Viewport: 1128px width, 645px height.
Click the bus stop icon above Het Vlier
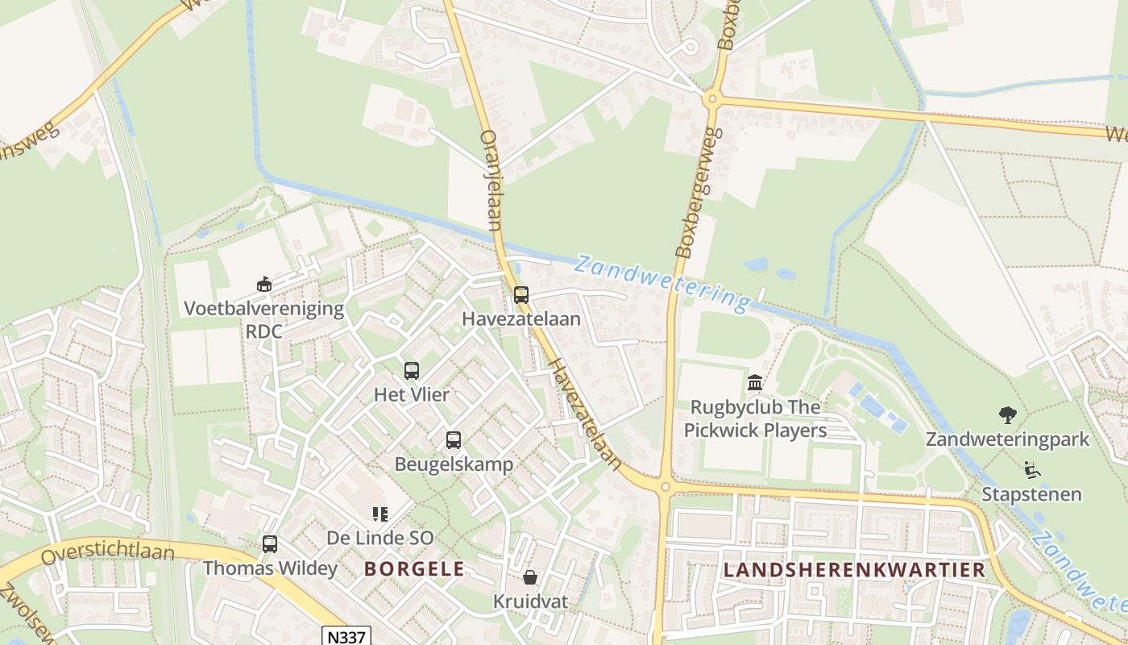point(412,371)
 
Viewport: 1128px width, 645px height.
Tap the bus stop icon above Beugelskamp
point(454,440)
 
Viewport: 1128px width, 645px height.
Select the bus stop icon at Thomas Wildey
point(270,544)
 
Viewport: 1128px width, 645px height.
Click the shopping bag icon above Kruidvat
point(530,577)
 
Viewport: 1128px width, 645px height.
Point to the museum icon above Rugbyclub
point(755,382)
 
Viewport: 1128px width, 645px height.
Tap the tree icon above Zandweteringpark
point(1007,415)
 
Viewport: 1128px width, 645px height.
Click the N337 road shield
point(345,636)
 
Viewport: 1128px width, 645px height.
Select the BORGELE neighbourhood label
point(414,569)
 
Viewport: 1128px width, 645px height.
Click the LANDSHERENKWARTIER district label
point(854,570)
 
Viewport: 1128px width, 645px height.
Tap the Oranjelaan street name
point(491,180)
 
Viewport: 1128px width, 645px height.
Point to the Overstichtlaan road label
point(107,554)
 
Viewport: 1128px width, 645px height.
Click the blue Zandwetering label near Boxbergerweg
point(662,283)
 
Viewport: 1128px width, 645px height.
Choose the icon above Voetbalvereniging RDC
point(263,284)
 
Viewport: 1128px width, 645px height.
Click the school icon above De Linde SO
point(380,514)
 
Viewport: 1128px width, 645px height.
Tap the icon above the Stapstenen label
point(1031,469)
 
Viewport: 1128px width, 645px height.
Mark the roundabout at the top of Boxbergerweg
point(711,100)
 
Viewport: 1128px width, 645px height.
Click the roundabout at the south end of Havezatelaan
point(665,486)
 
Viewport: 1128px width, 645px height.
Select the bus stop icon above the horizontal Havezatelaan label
point(521,295)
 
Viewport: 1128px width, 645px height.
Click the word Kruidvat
point(530,601)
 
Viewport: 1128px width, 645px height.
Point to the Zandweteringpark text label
point(1007,439)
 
